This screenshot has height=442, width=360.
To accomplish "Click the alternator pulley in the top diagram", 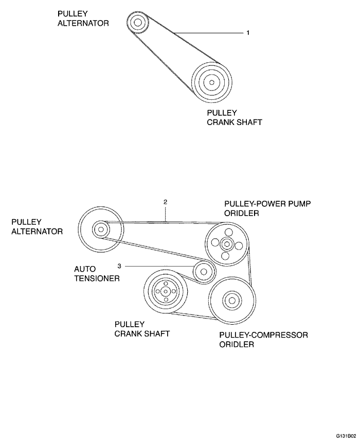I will point(137,23).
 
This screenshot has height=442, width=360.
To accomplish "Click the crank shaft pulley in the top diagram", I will point(211,82).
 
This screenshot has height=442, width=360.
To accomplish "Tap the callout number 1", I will point(248,33).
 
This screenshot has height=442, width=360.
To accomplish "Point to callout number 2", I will point(165,202).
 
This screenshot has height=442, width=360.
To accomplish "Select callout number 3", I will point(119,266).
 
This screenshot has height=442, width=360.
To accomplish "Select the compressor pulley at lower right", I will point(232,300).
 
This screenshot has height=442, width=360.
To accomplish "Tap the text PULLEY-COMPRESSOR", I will point(264,335).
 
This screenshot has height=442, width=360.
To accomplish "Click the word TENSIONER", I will point(97,278).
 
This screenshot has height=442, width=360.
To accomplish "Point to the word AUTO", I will point(85,269).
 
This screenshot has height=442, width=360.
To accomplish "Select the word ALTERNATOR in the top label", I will point(83,23).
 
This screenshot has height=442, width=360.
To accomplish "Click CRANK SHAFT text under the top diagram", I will point(235,122).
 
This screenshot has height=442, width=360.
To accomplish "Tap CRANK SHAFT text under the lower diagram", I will point(142,333).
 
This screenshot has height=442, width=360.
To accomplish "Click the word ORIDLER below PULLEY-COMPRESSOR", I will point(237,345).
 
